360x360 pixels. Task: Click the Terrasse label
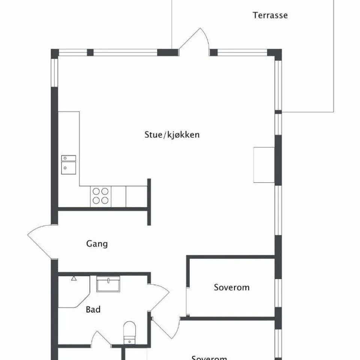point(270,15)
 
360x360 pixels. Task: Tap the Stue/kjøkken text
point(172,135)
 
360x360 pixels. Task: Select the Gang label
point(97,244)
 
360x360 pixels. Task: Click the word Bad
point(93,310)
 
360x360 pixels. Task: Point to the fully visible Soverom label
point(231,288)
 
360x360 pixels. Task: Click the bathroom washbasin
point(108,284)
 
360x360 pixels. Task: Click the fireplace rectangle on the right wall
point(264,165)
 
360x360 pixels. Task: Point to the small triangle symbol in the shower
point(74,278)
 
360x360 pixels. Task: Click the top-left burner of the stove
point(96,192)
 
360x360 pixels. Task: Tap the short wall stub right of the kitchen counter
point(149,202)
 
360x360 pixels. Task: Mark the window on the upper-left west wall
point(55,72)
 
